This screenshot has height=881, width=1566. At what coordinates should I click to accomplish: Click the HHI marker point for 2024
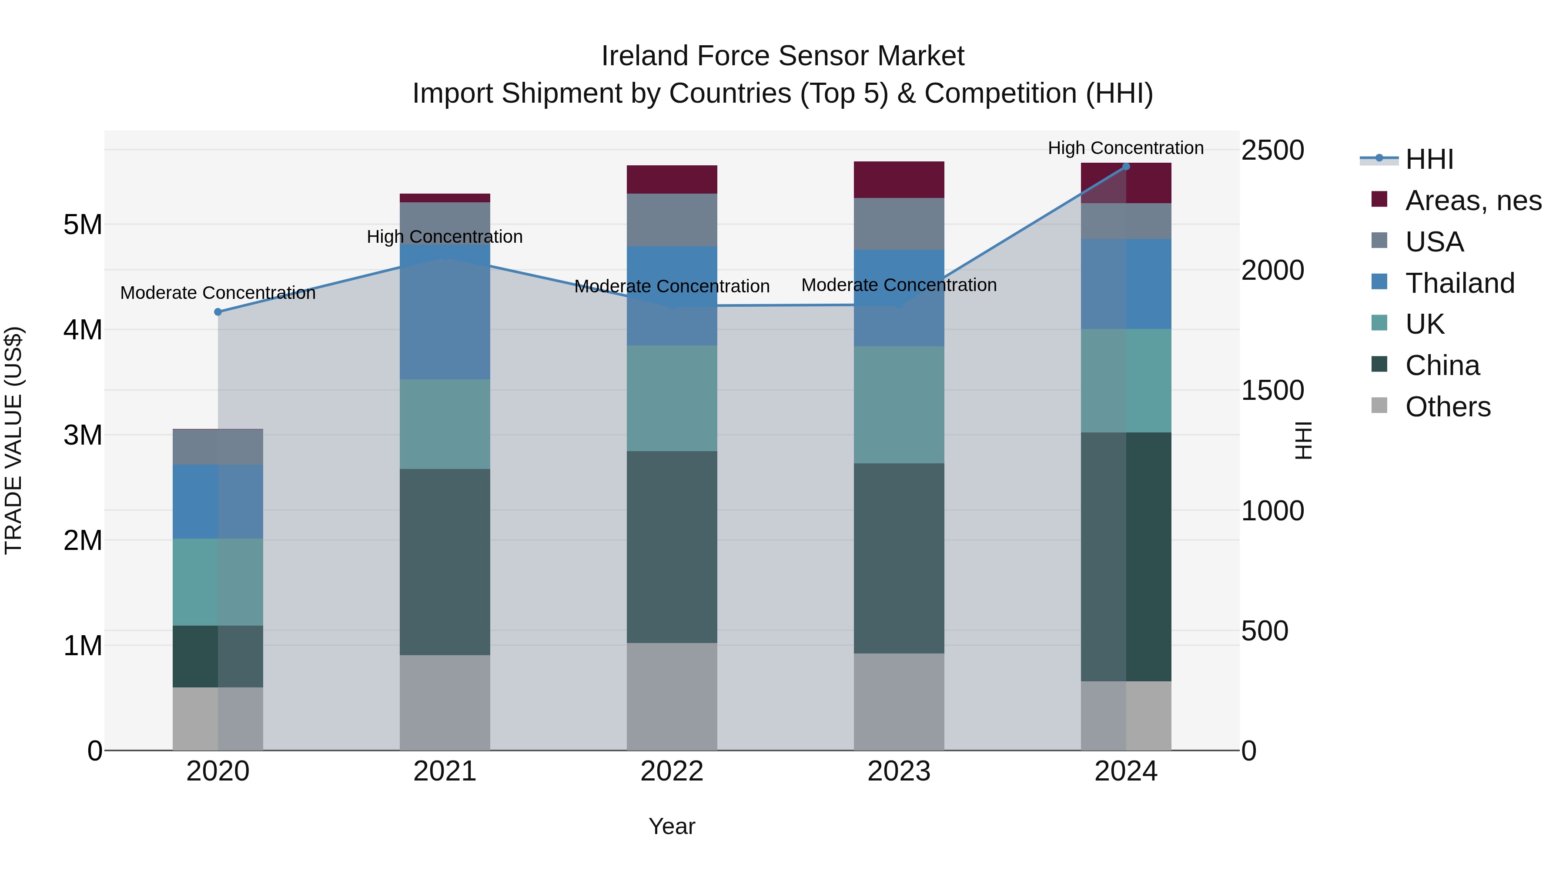tap(1126, 166)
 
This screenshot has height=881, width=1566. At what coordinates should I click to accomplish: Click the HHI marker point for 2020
tap(217, 312)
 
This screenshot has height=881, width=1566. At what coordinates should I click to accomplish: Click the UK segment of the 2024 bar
tap(1126, 381)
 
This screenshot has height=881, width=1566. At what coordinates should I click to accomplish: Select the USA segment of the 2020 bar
tap(217, 447)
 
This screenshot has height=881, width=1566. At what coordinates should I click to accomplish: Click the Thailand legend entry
tap(1459, 283)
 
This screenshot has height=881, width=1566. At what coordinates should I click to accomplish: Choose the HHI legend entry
tap(1429, 159)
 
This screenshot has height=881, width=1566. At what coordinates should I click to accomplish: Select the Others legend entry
tap(1447, 407)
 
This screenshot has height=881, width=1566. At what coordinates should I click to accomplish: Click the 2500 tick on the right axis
tap(1272, 150)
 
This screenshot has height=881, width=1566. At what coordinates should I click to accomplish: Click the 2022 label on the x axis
tap(672, 771)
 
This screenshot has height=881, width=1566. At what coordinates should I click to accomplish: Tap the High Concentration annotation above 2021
tap(445, 237)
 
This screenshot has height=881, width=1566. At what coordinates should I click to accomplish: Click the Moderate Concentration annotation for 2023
tap(899, 285)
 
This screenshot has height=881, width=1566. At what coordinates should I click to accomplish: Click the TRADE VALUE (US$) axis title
tap(13, 440)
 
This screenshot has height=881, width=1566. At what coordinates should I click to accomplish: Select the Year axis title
tap(672, 826)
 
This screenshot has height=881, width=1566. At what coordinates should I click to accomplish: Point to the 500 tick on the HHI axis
tap(1265, 631)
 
